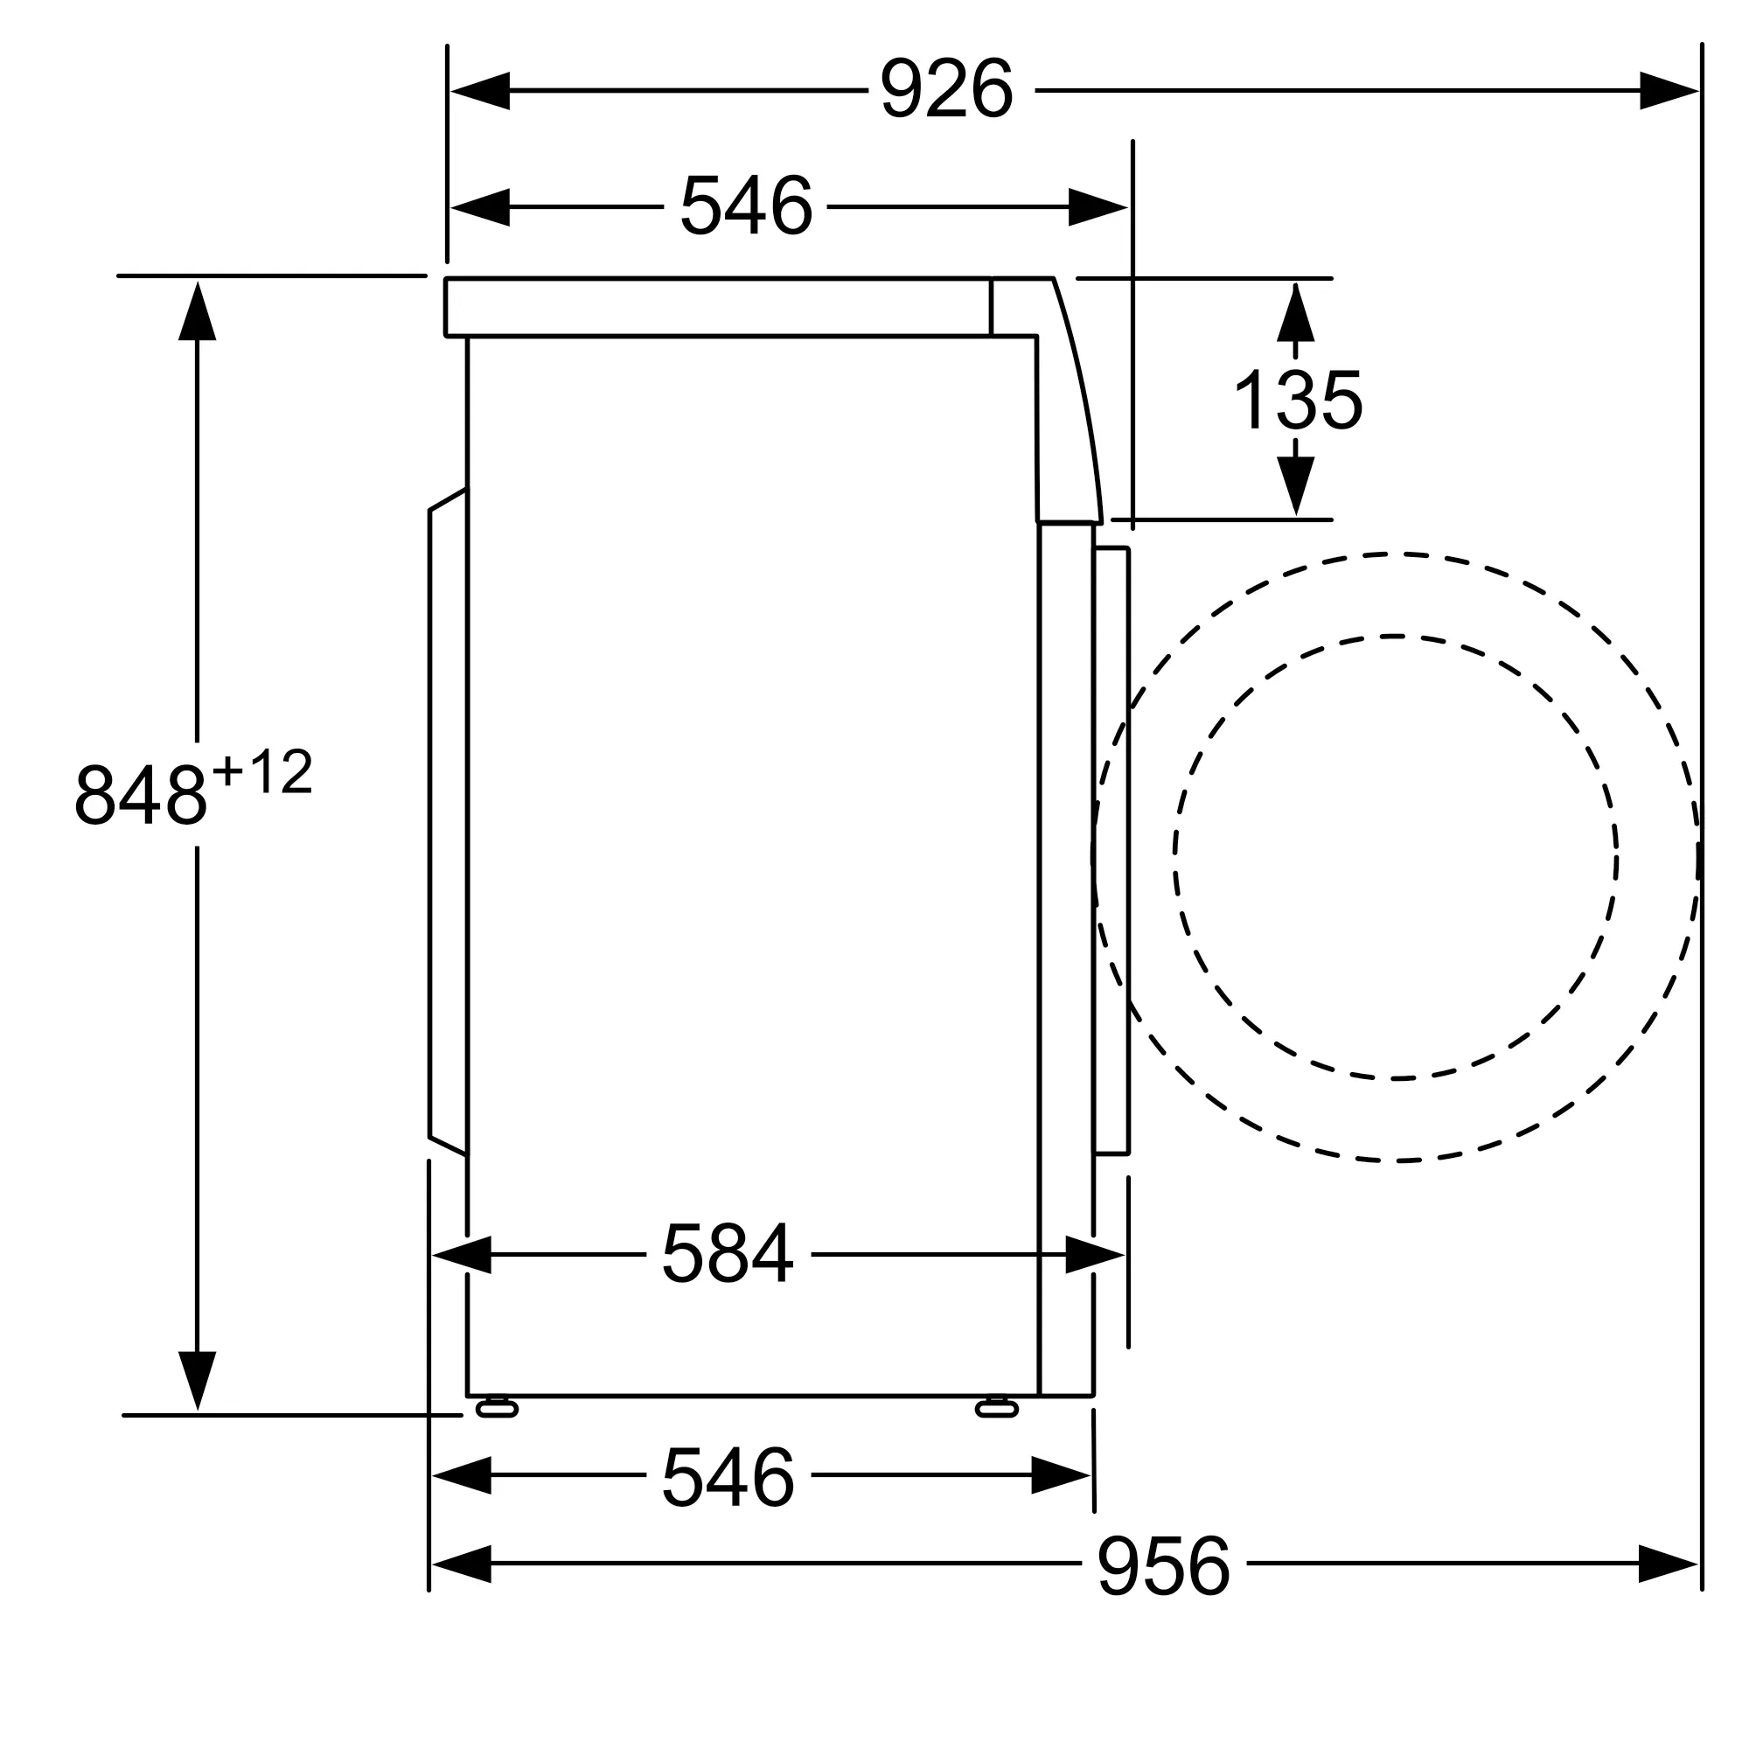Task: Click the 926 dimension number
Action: pos(946,87)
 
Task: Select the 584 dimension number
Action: pos(728,1254)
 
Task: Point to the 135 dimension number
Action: pos(1297,400)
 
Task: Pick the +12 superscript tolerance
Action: pos(262,772)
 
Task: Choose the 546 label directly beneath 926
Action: pos(746,206)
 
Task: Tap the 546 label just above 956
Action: pos(728,1476)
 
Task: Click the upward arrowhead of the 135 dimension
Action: pos(1295,312)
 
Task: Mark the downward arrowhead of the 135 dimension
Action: pos(1295,486)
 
